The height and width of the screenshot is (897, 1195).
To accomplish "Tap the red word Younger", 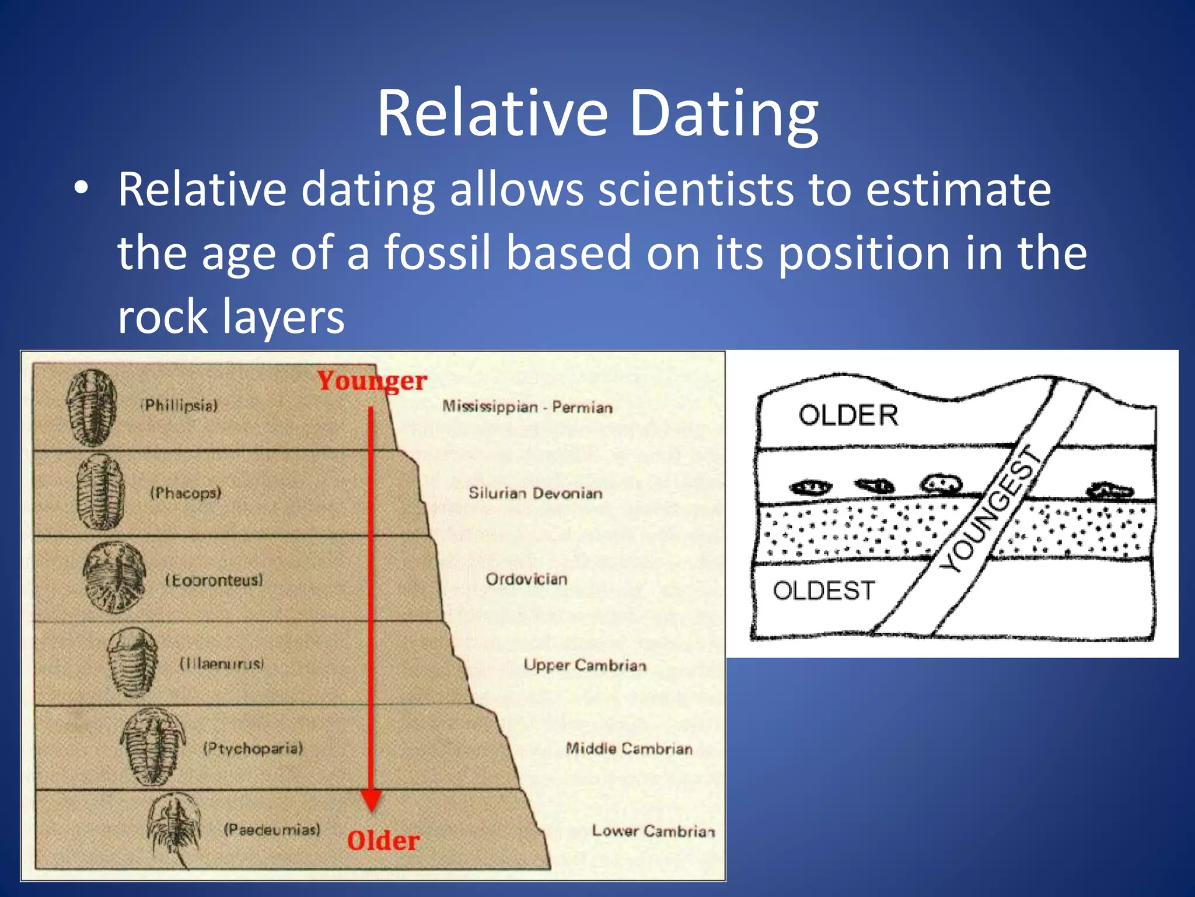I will coord(372,381).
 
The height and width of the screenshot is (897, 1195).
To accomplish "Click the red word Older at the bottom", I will coord(383,841).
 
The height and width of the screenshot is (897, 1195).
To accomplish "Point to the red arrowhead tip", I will coord(371,808).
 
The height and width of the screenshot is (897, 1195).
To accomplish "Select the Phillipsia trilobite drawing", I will coord(91,408).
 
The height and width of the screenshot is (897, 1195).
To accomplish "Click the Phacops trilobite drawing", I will coord(100,492).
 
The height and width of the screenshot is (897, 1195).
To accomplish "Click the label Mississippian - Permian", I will coord(527,407).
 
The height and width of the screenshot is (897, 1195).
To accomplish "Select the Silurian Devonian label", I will coord(535,493).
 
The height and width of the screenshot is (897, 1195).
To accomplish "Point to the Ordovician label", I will coord(526,579).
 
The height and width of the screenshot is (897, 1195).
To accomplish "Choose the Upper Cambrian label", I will coord(585,665).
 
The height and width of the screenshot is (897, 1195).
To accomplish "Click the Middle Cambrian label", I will coord(629,749).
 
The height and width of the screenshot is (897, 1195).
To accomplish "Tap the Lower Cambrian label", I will coord(653,831).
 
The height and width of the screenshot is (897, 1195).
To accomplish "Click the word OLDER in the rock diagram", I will coord(848,416).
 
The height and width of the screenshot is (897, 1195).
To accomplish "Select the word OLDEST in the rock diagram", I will coord(824,591).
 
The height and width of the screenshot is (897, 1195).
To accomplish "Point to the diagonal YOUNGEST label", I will coord(991,509).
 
